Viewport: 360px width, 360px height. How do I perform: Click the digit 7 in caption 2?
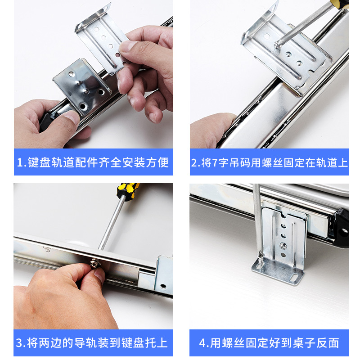click(x=215, y=162)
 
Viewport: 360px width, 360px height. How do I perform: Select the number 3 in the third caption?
click(x=19, y=343)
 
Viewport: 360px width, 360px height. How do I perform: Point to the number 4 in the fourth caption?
click(x=202, y=343)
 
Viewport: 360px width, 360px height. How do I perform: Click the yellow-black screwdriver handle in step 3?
click(x=128, y=190)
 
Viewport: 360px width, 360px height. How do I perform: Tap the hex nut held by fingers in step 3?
click(x=94, y=263)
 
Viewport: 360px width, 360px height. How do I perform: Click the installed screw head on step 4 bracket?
click(x=283, y=246)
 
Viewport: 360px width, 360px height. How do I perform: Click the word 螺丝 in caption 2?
click(x=272, y=162)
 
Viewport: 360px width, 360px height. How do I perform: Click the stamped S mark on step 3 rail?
click(x=47, y=249)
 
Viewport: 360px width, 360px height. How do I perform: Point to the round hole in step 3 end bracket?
click(x=163, y=286)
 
